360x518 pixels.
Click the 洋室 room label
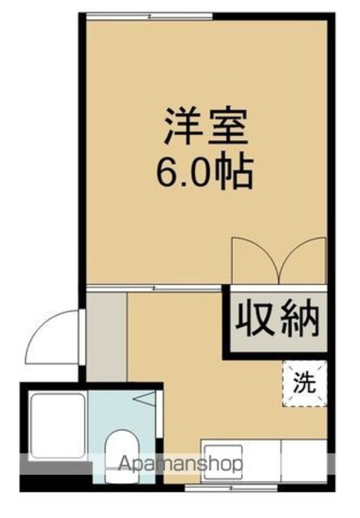pos(207,126)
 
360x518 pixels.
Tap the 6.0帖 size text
pos(205,172)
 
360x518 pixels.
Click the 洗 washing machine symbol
pos(304,383)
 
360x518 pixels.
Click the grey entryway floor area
pos(106,337)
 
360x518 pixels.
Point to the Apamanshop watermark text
pos(180,464)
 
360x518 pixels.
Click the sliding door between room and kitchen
pos(154,288)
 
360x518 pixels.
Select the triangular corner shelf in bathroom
pos(145,398)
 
